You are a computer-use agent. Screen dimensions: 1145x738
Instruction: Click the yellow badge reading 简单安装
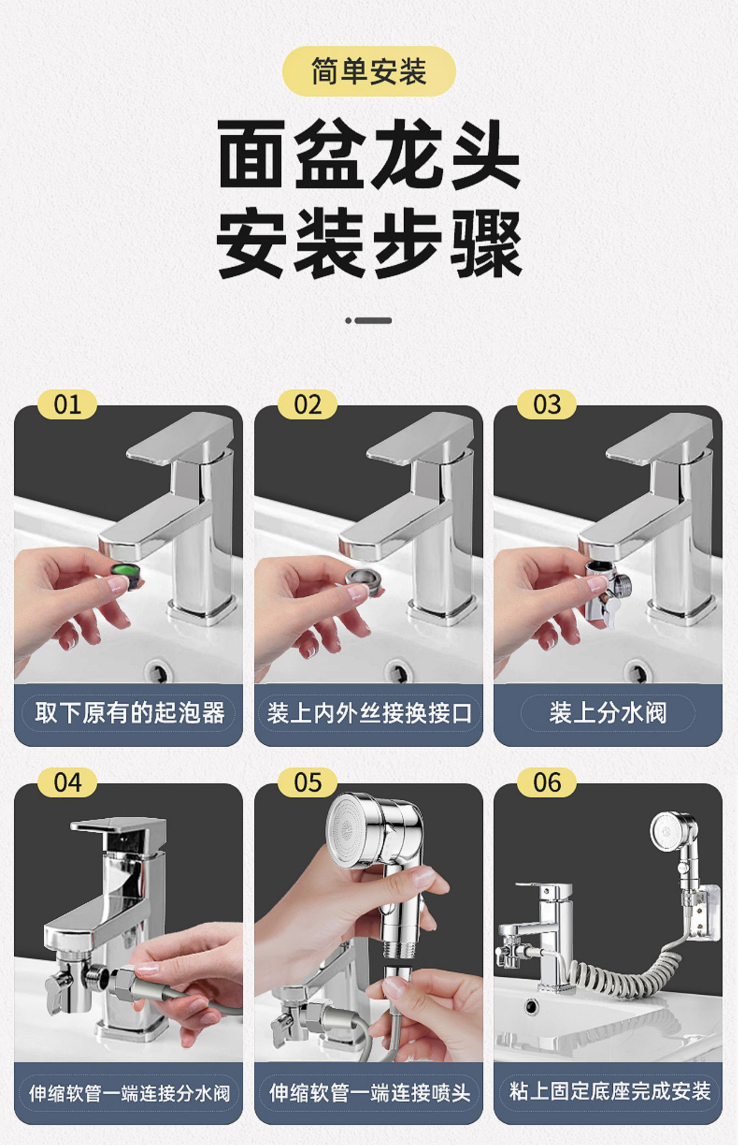[x=368, y=72]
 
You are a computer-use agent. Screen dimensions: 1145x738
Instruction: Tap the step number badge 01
[x=67, y=405]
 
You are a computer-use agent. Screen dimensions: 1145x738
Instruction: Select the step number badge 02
[x=307, y=405]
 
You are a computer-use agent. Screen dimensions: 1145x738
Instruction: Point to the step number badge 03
[x=547, y=405]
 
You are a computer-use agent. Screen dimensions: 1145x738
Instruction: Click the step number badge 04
[x=67, y=782]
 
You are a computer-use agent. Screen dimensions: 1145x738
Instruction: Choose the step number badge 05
[x=307, y=782]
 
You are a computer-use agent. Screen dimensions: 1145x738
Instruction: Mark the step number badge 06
[x=547, y=782]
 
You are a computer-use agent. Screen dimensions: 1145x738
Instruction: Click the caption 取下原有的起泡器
[x=129, y=713]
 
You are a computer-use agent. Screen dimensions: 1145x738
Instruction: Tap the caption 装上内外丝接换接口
[x=369, y=713]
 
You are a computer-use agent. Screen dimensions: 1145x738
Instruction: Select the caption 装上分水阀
[x=607, y=713]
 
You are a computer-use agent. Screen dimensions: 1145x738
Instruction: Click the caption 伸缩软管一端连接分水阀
[x=129, y=1093]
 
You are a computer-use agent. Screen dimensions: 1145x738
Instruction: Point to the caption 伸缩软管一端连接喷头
[x=369, y=1093]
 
